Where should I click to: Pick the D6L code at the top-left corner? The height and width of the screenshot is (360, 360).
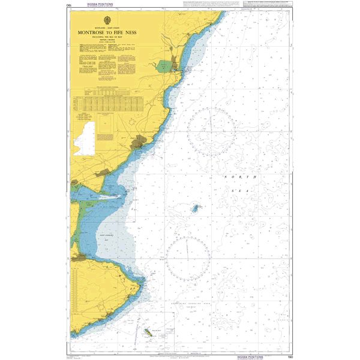[73, 7]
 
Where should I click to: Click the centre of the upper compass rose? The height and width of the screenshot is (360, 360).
[211, 131]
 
